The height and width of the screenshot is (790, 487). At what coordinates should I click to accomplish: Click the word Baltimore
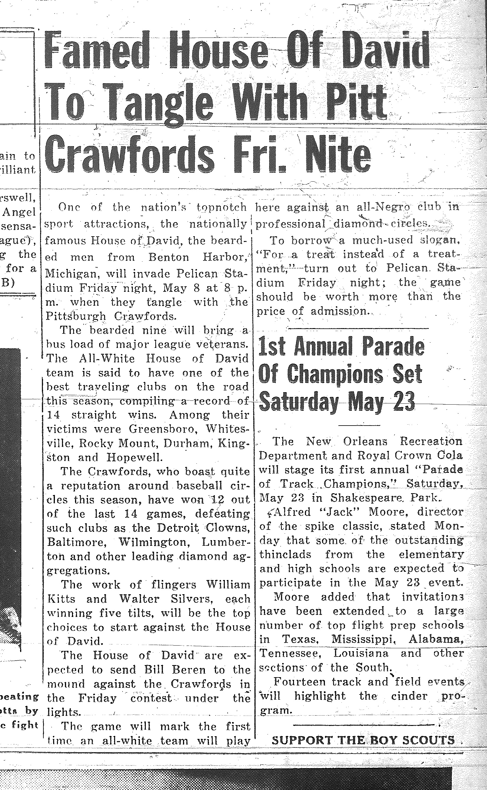click(x=77, y=542)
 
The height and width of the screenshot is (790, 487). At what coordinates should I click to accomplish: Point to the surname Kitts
click(x=61, y=599)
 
